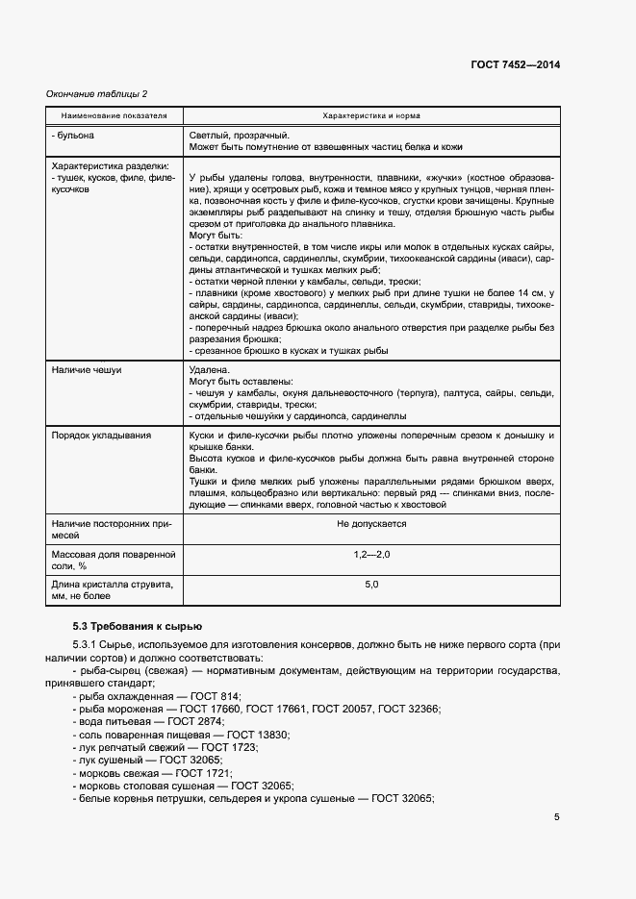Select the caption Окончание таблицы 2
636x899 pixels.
[x=97, y=93]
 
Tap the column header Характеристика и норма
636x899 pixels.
[x=370, y=114]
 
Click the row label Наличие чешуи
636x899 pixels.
[x=87, y=369]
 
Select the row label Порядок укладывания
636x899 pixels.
[x=101, y=436]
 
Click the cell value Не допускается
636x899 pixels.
[x=371, y=524]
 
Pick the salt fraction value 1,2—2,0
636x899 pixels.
[x=371, y=556]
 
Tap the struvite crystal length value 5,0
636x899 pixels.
[x=371, y=585]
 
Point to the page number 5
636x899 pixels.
[x=557, y=817]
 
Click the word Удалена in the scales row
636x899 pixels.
[x=210, y=369]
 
